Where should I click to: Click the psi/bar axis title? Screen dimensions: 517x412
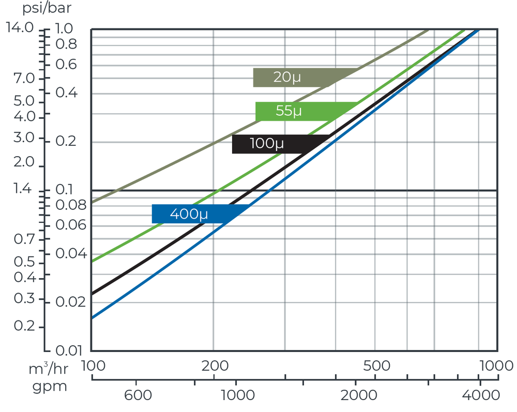coord(47,8)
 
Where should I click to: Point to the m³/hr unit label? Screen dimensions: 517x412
coord(49,369)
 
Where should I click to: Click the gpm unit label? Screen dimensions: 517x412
coord(50,386)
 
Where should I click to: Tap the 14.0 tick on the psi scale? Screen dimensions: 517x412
coord(20,27)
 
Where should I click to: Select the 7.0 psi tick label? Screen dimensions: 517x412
coord(24,78)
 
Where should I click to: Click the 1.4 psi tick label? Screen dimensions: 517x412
coord(22,189)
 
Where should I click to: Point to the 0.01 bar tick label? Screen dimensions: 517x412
coord(69,350)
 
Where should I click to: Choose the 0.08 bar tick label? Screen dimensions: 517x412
coord(71,205)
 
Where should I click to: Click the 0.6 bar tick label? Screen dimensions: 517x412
coord(66,64)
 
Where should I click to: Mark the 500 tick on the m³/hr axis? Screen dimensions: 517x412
coord(376,366)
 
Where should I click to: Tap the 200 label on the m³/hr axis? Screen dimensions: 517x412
coord(215,366)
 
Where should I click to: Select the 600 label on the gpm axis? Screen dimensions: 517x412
coord(138,395)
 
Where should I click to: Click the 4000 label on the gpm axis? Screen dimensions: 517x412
coord(481,395)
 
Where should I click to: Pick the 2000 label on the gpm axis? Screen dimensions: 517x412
coord(359,395)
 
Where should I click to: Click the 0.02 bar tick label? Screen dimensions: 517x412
coord(70,302)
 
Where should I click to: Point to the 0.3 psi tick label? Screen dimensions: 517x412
coord(24,299)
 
